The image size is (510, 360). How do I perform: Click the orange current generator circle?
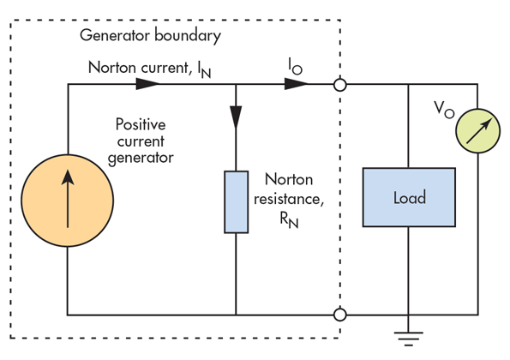coord(68,201)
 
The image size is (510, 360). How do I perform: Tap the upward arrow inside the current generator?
coord(68,199)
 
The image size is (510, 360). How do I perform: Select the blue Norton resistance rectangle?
coord(236,202)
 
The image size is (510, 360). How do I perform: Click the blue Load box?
coord(409,197)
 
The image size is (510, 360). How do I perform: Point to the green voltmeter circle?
coord(477,131)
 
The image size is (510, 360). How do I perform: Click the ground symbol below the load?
coord(409,339)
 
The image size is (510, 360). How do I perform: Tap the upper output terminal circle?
coord(340,85)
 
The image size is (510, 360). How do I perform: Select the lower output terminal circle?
coord(340,315)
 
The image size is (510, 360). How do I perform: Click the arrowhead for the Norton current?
coord(147,84)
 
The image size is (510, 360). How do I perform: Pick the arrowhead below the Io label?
coord(296,84)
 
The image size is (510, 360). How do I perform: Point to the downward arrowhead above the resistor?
coord(236,117)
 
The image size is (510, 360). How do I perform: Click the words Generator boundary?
coord(150,35)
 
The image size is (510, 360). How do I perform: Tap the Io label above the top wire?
coord(296,66)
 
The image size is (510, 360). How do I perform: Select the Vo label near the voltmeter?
coord(444,110)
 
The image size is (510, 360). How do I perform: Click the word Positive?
coord(141,124)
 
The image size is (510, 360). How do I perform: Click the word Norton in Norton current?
coord(112,68)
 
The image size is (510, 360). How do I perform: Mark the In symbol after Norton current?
coord(204,70)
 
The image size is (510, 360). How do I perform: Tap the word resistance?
coord(289,199)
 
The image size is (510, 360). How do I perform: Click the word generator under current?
coord(141,159)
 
